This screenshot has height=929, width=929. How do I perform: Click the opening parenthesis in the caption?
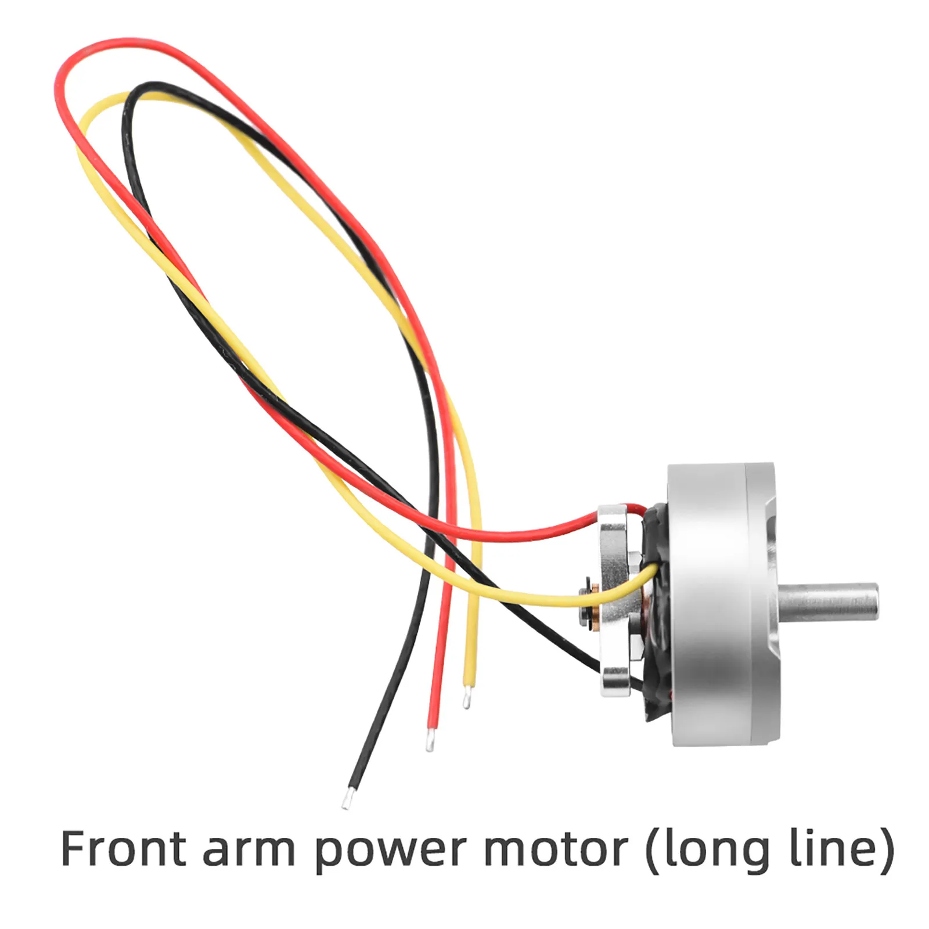[x=653, y=851]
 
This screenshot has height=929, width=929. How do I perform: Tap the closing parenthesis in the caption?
[x=887, y=851]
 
